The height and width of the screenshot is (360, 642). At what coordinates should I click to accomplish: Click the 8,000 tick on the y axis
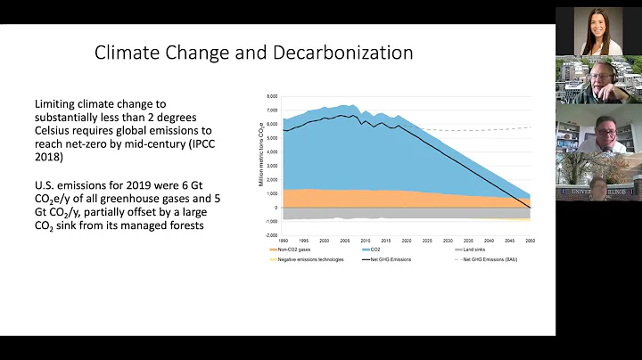click(272, 95)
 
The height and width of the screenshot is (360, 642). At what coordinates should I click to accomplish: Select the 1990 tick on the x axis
click(284, 240)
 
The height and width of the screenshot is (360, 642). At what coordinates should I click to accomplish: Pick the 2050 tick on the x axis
click(531, 240)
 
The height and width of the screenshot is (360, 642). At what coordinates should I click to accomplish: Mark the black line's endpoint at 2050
click(531, 208)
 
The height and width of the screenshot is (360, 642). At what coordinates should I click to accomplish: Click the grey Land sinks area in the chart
click(401, 213)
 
